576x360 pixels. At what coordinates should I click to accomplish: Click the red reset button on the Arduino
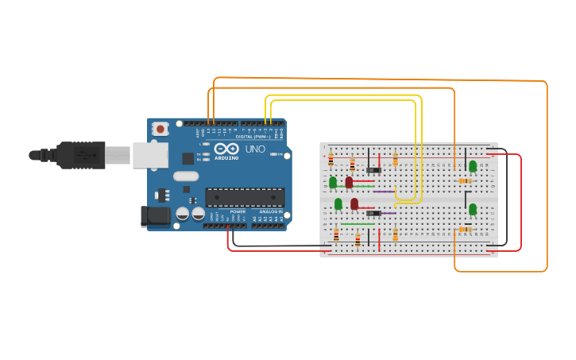(x=160, y=128)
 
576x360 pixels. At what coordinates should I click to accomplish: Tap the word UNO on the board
(x=255, y=149)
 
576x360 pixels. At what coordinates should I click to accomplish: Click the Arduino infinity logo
(x=226, y=148)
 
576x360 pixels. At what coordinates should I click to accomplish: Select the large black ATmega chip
(x=245, y=197)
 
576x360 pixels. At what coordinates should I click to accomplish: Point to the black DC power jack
(x=155, y=215)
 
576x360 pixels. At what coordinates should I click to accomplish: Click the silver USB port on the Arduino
(x=150, y=156)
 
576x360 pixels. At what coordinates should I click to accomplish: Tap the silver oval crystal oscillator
(x=186, y=176)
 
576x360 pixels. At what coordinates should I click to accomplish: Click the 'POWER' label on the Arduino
(x=238, y=212)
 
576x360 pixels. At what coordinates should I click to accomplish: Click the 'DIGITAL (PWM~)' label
(x=253, y=137)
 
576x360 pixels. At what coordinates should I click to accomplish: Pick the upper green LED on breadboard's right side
(x=473, y=166)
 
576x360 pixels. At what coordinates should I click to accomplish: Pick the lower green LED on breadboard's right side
(x=473, y=209)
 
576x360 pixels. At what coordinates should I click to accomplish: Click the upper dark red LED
(x=349, y=182)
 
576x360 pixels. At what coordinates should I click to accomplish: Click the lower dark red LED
(x=354, y=203)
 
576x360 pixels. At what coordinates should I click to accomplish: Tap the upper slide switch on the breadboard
(x=373, y=170)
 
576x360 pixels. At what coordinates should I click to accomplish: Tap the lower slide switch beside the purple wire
(x=373, y=213)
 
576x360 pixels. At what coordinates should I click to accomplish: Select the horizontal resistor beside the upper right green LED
(x=465, y=181)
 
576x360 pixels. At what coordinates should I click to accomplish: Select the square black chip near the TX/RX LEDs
(x=187, y=158)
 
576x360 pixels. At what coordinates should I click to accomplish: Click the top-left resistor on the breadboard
(x=331, y=160)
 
